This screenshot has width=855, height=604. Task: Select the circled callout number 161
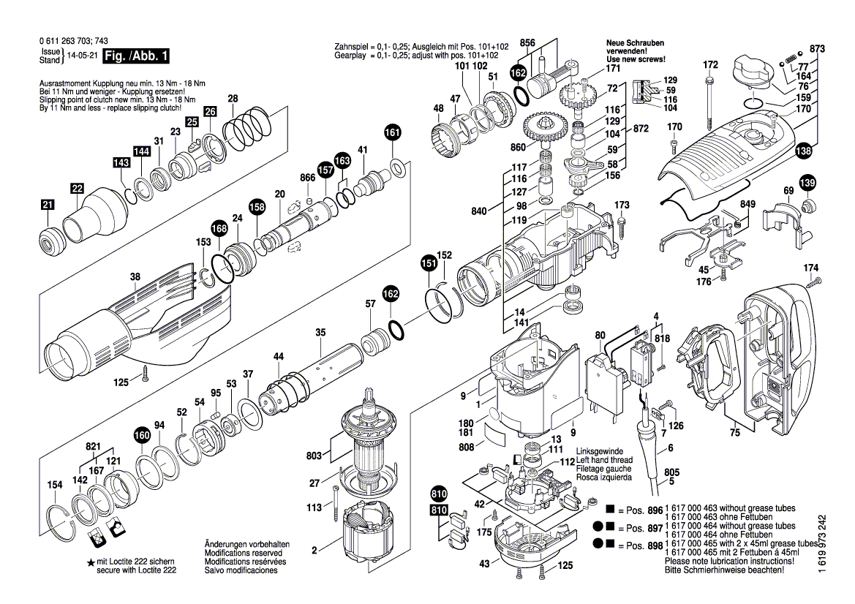click(x=393, y=133)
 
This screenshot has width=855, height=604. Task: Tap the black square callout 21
click(x=48, y=207)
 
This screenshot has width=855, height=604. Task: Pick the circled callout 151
click(x=428, y=263)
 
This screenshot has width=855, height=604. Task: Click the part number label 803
click(x=314, y=456)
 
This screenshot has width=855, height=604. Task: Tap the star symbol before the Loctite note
click(x=91, y=561)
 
